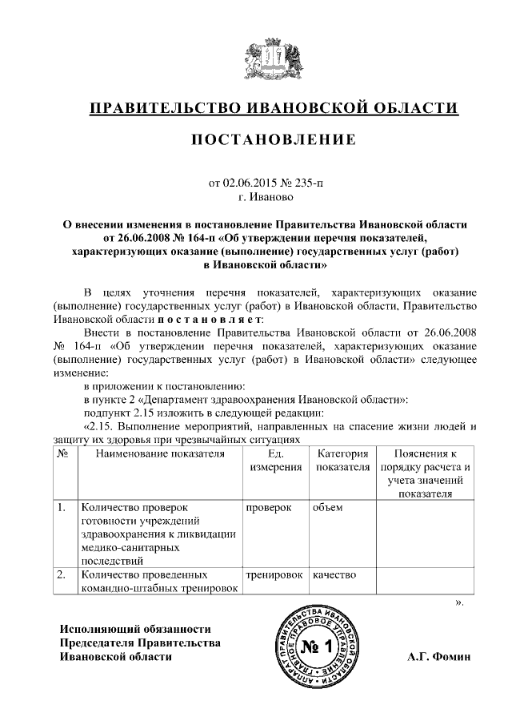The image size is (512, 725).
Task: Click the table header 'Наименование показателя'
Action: (157, 453)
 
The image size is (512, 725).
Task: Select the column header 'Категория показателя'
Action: (342, 460)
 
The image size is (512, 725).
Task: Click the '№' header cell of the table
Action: (62, 453)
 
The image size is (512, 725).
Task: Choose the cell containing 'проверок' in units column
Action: (268, 508)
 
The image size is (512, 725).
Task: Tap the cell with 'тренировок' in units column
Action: (274, 574)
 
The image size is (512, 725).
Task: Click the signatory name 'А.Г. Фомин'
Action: (440, 657)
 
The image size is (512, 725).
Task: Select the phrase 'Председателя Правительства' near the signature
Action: (140, 643)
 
